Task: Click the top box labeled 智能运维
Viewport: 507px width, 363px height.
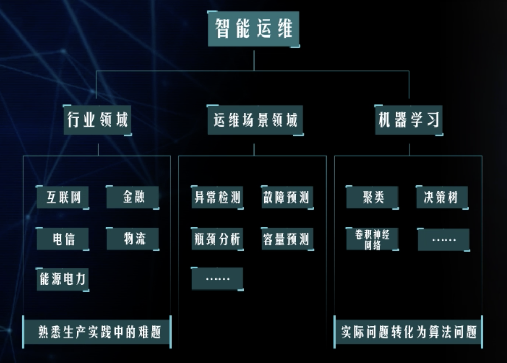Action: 253,28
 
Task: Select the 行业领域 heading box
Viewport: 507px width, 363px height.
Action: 98,120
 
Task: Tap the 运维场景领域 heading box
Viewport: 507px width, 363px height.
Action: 255,120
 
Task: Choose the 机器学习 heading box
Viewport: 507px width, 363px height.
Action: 409,120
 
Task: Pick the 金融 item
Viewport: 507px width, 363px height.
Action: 133,197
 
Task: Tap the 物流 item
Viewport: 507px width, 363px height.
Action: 133,238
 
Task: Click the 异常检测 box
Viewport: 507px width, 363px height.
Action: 217,197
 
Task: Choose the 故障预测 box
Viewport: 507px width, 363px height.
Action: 287,197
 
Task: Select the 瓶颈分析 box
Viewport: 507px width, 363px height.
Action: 217,238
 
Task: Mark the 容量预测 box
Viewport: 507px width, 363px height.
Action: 287,238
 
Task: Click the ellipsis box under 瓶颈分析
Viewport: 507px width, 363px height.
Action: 217,278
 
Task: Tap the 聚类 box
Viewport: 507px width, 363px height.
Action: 372,197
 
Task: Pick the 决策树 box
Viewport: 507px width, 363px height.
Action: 442,197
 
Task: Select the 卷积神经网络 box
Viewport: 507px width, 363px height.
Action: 372,239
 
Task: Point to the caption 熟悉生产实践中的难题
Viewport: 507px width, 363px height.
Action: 97,332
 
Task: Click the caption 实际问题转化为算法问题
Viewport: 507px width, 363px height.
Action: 408,332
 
